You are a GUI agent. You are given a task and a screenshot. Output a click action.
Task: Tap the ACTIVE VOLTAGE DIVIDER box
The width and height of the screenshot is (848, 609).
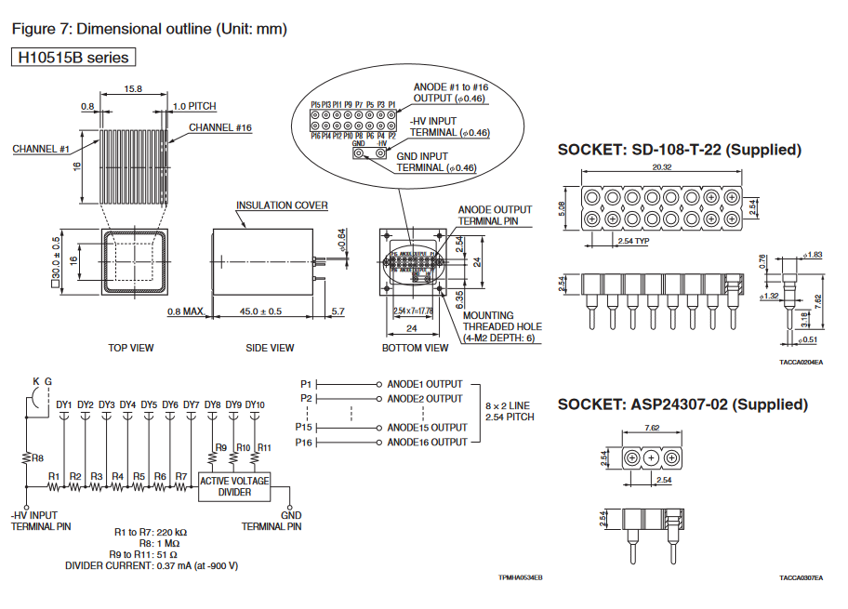(234, 486)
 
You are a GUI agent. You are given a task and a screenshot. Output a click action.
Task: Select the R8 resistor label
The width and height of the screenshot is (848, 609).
(37, 457)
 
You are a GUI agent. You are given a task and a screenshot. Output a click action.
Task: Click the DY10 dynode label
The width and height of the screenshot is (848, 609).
(255, 404)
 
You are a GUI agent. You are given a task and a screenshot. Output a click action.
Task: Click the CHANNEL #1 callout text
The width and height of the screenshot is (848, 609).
(42, 149)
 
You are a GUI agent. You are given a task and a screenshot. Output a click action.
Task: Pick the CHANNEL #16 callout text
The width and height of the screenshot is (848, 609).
(220, 127)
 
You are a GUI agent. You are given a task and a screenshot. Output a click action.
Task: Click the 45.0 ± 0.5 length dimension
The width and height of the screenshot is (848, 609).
(261, 311)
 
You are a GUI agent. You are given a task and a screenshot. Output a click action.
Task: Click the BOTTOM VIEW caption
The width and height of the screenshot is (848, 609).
(416, 348)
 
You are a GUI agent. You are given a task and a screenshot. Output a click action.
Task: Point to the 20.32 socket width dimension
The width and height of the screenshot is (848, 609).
(663, 167)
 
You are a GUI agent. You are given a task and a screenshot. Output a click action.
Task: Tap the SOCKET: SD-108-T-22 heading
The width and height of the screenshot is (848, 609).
(679, 149)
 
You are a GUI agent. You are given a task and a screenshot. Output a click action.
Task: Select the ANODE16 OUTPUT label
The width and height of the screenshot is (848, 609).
(428, 443)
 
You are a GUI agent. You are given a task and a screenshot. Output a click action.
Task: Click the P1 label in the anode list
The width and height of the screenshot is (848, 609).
(307, 384)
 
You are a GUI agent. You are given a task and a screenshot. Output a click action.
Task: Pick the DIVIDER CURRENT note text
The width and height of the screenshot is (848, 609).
(152, 565)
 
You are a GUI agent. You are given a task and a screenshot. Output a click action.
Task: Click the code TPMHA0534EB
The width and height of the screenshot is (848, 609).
(520, 578)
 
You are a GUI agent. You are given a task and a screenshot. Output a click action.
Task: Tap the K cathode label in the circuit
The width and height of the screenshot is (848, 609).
(35, 381)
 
